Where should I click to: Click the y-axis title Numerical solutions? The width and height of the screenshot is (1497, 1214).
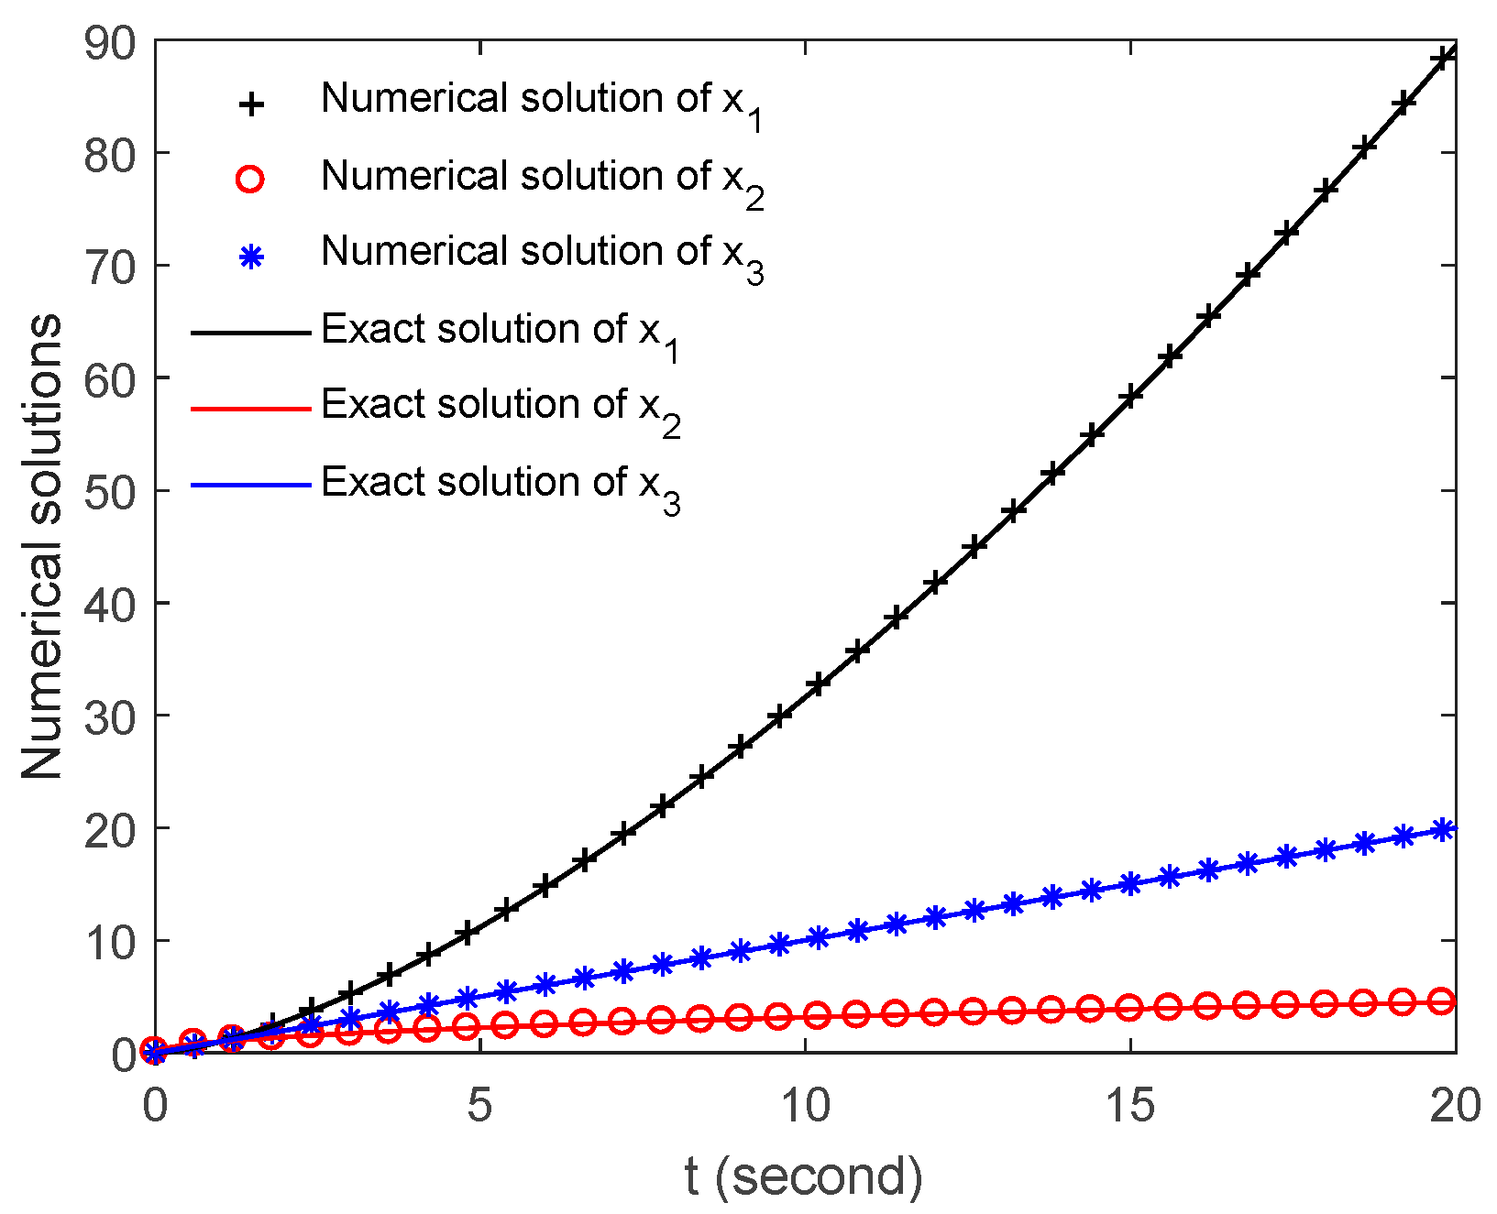(42, 547)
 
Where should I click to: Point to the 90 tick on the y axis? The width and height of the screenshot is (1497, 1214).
(109, 43)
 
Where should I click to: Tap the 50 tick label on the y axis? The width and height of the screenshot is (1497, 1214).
(109, 491)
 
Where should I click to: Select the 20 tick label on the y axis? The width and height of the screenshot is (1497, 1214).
(109, 828)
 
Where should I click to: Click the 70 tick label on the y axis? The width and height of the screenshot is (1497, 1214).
(109, 267)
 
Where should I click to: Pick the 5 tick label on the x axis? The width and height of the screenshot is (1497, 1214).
(479, 1106)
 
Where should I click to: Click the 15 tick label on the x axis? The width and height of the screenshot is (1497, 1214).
(1129, 1106)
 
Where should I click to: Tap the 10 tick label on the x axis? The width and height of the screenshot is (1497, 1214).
(804, 1106)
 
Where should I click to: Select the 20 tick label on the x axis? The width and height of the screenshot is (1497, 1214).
(1454, 1106)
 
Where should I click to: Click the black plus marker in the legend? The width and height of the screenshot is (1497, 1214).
(250, 104)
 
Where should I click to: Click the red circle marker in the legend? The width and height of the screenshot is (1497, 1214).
(250, 180)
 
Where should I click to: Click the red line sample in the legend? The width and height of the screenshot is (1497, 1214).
(250, 409)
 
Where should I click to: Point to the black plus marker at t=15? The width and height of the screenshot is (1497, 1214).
(1130, 397)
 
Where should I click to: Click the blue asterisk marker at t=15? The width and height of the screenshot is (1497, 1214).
(1130, 883)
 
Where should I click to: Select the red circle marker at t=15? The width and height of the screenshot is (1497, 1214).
(1130, 1008)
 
